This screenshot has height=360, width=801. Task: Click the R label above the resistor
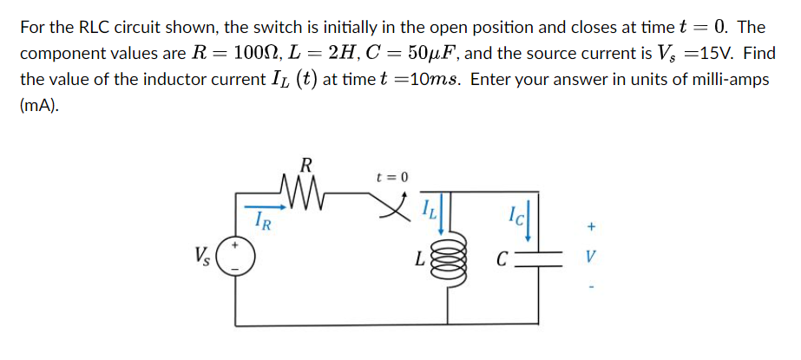[x=305, y=163]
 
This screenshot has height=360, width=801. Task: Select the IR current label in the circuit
[x=264, y=221]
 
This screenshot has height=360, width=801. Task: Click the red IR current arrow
[x=269, y=206]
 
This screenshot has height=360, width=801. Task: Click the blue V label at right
[x=591, y=259]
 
